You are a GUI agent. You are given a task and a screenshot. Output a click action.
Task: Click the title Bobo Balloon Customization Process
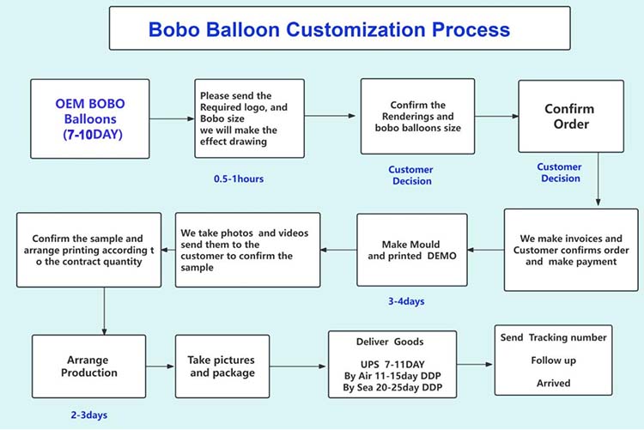329,28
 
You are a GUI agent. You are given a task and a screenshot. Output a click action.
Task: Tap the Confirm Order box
570,117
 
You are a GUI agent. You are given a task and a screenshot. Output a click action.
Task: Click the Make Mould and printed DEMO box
412,250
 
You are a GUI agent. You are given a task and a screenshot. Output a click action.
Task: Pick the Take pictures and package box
222,366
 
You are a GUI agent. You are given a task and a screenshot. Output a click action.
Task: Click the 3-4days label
406,301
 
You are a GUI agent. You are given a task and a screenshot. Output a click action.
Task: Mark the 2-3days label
89,415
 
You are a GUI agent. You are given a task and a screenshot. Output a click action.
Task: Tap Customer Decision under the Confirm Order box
559,173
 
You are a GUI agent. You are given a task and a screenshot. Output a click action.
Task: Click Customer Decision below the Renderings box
410,175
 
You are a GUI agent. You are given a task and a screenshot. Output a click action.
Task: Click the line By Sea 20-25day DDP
391,388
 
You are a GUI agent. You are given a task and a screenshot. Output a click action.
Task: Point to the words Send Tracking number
554,337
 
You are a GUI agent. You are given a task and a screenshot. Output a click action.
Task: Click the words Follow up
553,360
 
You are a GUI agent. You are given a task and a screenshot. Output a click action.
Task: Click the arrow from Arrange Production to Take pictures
155,367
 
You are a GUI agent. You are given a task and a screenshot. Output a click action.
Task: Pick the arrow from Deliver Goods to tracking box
475,367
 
